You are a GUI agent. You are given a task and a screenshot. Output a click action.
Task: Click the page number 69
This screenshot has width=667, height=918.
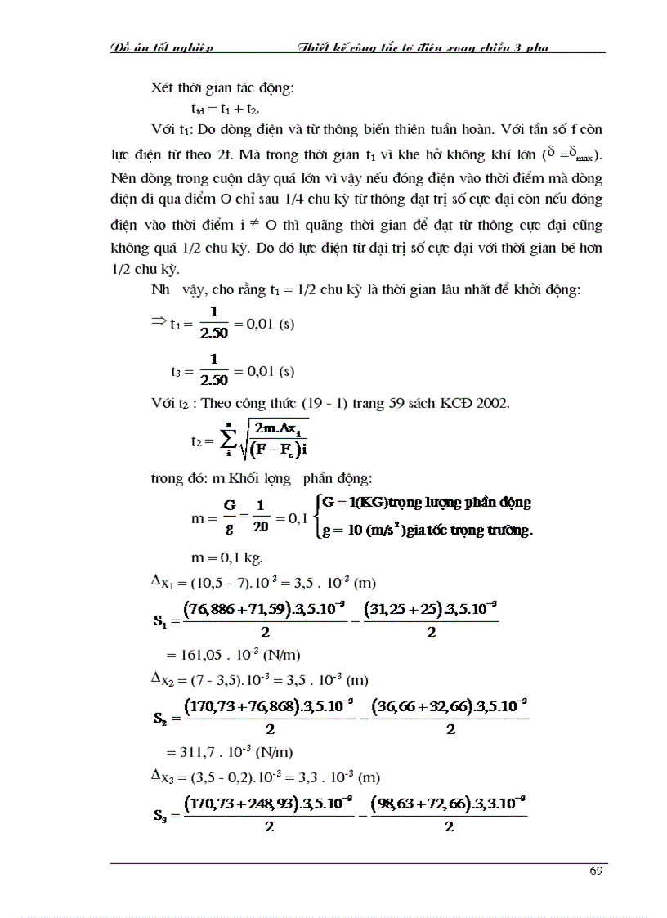coord(596,870)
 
